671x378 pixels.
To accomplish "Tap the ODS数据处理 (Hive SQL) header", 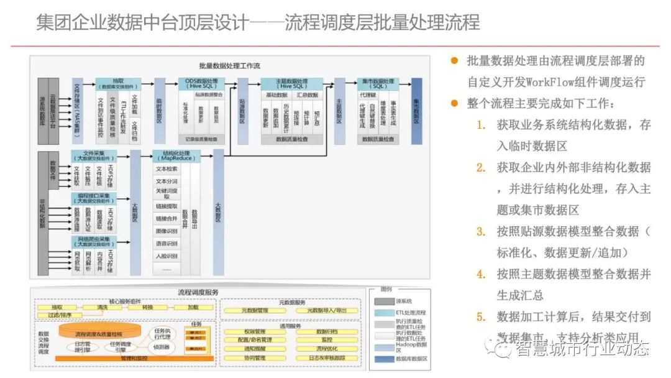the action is (202, 84).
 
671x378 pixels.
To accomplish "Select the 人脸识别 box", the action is (167, 256).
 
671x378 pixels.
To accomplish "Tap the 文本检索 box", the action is (167, 169).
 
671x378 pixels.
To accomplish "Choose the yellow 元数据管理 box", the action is (254, 310).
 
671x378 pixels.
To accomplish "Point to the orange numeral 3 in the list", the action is (481, 231).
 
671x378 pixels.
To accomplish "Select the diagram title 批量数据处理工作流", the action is (230, 65).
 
